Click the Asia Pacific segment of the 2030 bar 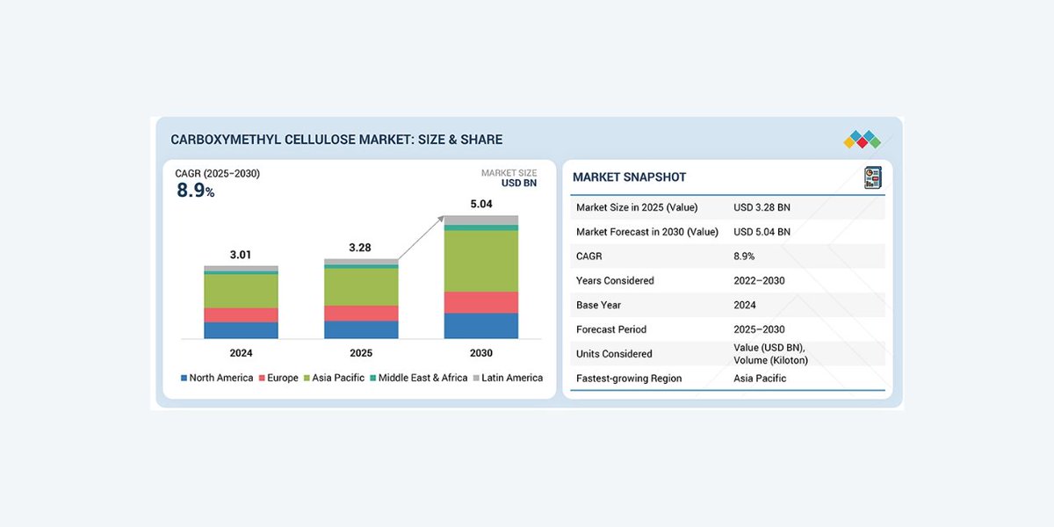pyautogui.click(x=480, y=260)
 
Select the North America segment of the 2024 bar pyautogui.click(x=241, y=329)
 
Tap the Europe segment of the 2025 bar pyautogui.click(x=361, y=313)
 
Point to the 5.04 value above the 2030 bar pyautogui.click(x=480, y=204)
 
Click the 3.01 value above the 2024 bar pyautogui.click(x=241, y=255)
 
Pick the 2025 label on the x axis pyautogui.click(x=361, y=353)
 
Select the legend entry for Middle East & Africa pyautogui.click(x=418, y=378)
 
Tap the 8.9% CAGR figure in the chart pyautogui.click(x=195, y=191)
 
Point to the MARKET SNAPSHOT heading pyautogui.click(x=629, y=177)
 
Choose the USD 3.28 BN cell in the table pyautogui.click(x=762, y=207)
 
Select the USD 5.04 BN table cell pyautogui.click(x=762, y=232)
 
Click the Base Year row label pyautogui.click(x=599, y=305)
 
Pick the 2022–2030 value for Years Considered pyautogui.click(x=759, y=280)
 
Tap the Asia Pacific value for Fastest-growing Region pyautogui.click(x=760, y=379)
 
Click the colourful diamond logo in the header pyautogui.click(x=862, y=139)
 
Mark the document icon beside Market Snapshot pyautogui.click(x=872, y=177)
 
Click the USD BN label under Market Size pyautogui.click(x=518, y=184)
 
